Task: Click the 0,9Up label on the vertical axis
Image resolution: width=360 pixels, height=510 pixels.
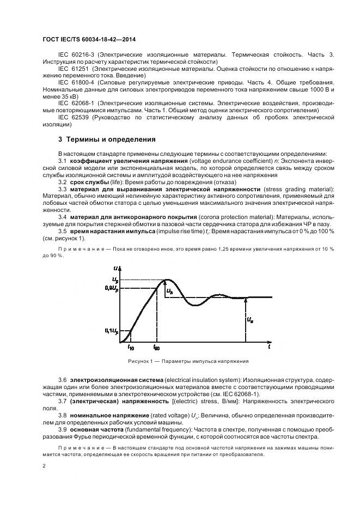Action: click(x=110, y=287)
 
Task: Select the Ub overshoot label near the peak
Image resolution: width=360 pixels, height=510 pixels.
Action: click(x=170, y=292)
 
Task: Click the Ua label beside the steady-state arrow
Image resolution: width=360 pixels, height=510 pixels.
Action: click(x=250, y=319)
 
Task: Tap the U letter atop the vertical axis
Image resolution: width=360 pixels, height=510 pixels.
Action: click(x=117, y=268)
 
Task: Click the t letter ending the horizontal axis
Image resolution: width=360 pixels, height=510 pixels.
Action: click(x=269, y=345)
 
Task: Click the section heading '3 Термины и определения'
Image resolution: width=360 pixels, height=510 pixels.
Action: click(x=99, y=139)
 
